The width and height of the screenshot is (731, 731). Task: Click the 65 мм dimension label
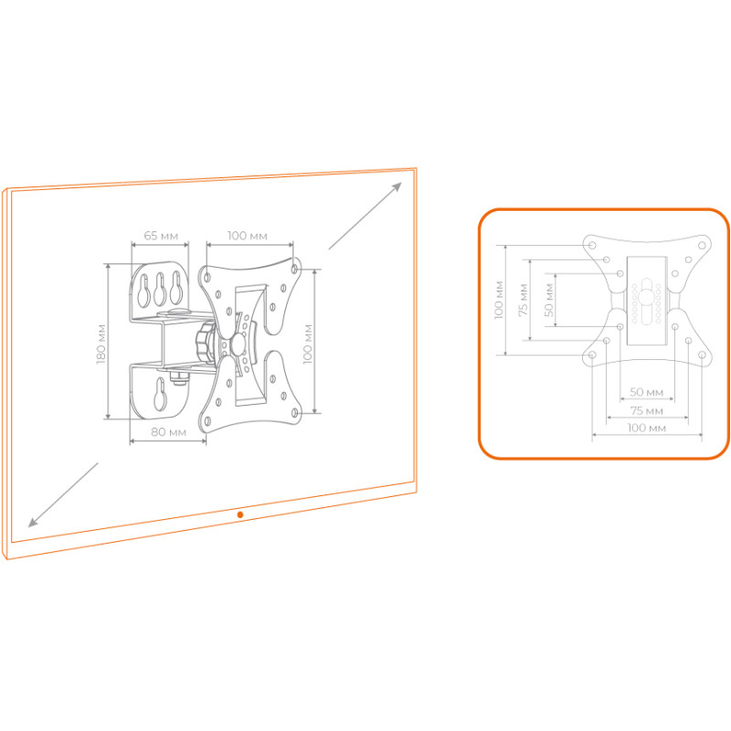click(x=161, y=236)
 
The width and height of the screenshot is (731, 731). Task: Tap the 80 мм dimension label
click(x=168, y=432)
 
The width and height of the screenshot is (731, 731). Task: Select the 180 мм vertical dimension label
click(x=101, y=344)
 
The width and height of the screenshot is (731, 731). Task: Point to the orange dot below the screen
click(x=240, y=514)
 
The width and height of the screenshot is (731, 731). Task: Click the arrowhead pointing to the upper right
click(x=397, y=186)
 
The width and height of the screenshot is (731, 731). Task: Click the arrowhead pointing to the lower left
click(x=33, y=522)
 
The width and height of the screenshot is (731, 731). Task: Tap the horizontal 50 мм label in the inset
click(x=646, y=392)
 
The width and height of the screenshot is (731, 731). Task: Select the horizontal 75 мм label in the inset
click(x=647, y=410)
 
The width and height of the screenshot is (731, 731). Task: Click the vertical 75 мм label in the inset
click(x=524, y=300)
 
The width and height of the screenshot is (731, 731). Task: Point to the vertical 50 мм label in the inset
click(x=549, y=300)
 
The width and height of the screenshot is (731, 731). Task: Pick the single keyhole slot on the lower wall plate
click(x=159, y=395)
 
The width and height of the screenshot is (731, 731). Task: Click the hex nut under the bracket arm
click(x=178, y=377)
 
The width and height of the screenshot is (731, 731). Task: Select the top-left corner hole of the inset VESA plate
click(x=592, y=245)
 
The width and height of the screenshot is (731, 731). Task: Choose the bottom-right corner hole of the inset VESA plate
click(x=702, y=355)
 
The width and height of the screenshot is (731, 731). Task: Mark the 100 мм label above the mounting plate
click(x=247, y=236)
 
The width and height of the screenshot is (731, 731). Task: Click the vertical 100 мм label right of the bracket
click(x=308, y=344)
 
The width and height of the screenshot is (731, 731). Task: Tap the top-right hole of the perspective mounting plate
click(x=294, y=269)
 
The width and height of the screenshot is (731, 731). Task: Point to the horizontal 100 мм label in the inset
click(x=646, y=428)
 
